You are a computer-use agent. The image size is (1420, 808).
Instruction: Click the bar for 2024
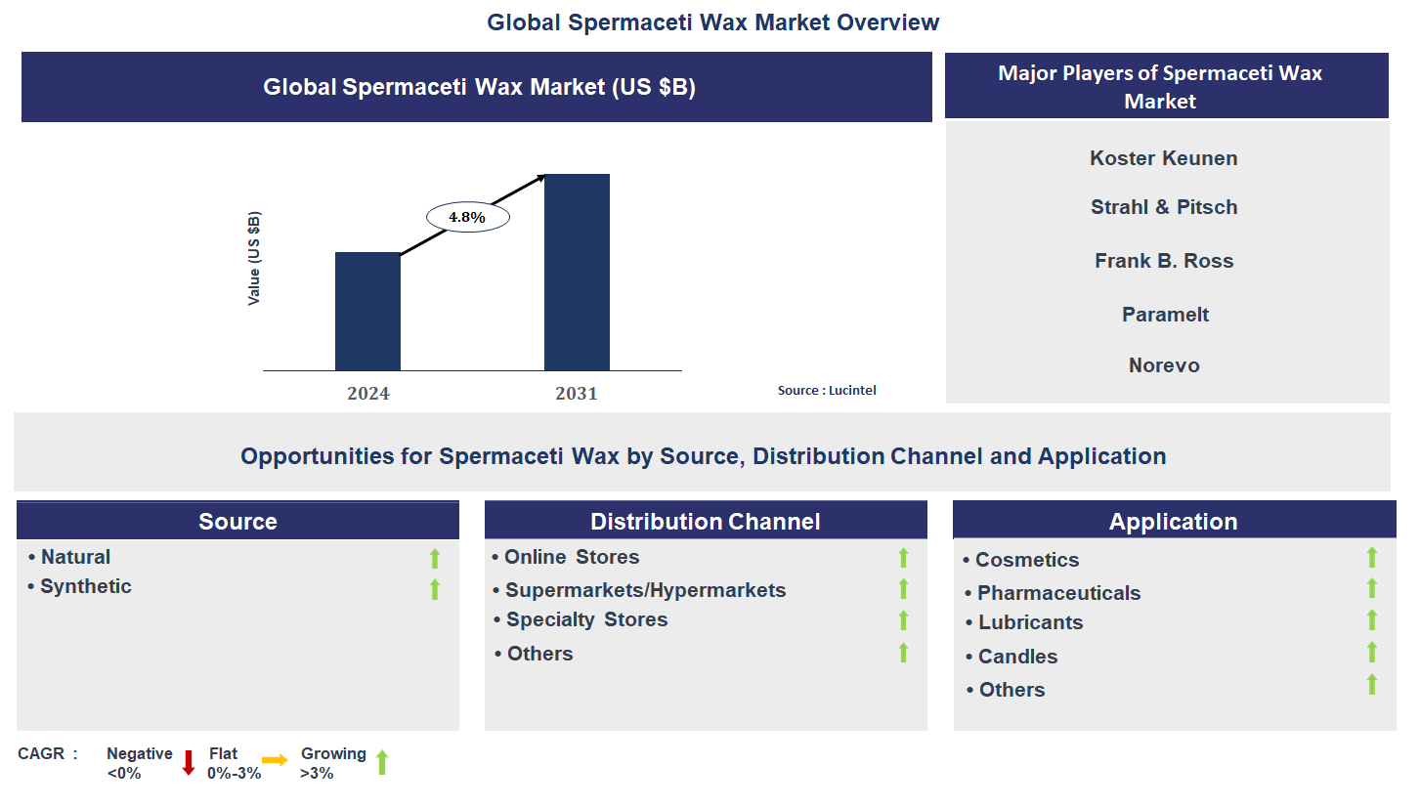click(x=367, y=311)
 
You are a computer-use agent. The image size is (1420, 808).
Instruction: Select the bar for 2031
click(x=577, y=272)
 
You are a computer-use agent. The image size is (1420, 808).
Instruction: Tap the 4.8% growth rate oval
click(x=467, y=217)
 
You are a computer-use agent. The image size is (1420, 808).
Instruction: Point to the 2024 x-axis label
click(x=367, y=394)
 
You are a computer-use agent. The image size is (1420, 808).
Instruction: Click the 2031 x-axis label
click(x=576, y=394)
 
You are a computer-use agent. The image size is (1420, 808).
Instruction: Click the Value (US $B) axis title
click(x=254, y=259)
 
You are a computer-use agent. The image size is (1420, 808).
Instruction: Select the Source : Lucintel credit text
click(x=827, y=390)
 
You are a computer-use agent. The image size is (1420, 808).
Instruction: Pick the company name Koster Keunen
click(x=1163, y=158)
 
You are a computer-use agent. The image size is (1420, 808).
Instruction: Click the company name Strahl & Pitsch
click(x=1164, y=207)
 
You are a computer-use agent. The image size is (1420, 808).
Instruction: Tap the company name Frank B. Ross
click(x=1164, y=261)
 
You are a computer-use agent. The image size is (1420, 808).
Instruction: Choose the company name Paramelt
click(x=1165, y=315)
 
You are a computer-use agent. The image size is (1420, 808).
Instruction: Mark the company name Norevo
click(x=1164, y=365)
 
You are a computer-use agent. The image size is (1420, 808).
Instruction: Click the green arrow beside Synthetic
click(x=435, y=589)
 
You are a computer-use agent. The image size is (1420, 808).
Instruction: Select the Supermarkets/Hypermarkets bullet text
click(x=645, y=590)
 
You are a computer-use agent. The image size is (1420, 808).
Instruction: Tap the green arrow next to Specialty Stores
click(x=903, y=620)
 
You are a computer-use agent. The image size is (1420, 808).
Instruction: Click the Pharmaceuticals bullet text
click(x=1058, y=593)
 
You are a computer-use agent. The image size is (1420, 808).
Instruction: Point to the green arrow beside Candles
click(x=1371, y=653)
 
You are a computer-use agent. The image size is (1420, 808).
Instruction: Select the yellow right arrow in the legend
click(x=275, y=760)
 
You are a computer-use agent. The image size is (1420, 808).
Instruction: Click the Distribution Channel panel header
click(x=705, y=522)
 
